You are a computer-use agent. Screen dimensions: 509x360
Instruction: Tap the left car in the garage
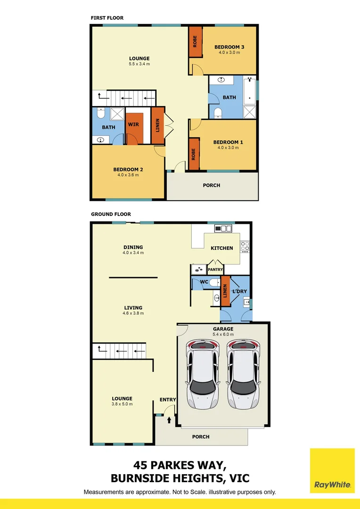203,375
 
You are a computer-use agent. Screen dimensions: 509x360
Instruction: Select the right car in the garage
243,375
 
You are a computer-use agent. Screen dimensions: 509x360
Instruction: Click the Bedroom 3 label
229,47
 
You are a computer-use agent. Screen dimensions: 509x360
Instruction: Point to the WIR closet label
133,125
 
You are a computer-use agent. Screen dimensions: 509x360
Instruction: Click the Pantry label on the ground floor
215,270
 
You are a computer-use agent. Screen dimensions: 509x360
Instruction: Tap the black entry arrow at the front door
169,419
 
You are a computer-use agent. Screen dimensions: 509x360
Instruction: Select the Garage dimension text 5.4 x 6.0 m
223,335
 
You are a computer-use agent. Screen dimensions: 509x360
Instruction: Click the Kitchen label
222,248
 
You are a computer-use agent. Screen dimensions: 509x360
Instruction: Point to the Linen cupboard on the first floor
158,125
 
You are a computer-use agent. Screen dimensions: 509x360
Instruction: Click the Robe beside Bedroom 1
194,155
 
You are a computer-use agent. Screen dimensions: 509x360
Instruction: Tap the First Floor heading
107,18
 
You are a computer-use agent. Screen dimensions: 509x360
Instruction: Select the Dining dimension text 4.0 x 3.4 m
132,253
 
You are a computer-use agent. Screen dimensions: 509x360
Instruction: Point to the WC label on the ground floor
204,282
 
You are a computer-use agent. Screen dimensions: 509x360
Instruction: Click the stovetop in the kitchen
245,246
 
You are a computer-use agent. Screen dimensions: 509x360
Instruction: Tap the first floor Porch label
212,185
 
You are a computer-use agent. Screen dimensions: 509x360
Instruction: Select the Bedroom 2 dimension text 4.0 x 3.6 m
128,175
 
